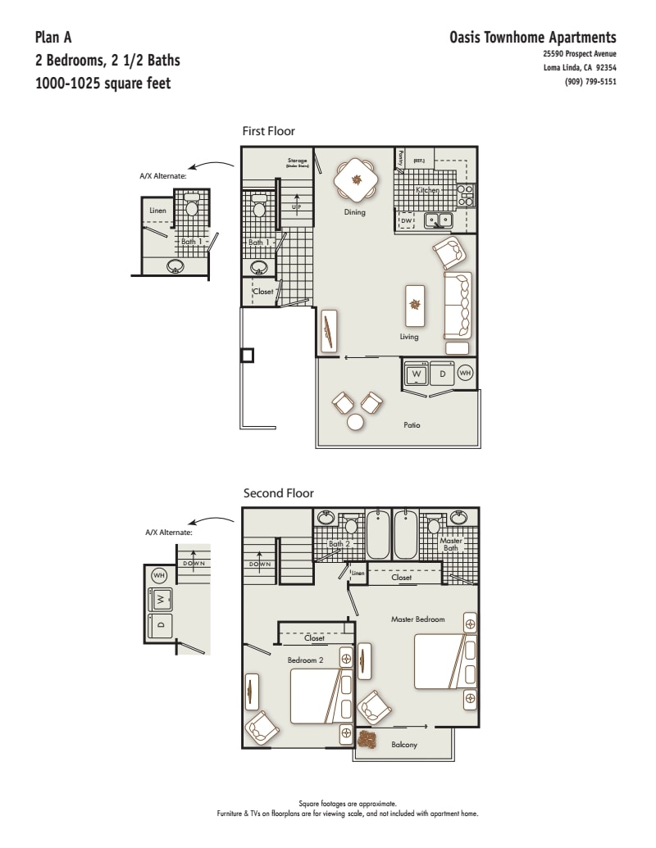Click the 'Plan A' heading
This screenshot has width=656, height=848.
(53, 38)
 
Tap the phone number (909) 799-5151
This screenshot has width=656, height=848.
(590, 81)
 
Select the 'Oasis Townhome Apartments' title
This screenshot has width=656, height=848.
(533, 38)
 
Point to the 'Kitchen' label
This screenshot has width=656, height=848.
(428, 190)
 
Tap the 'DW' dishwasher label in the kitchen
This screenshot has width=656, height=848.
(406, 221)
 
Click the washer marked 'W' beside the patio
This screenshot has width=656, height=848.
(417, 374)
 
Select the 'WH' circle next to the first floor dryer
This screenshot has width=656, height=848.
(465, 374)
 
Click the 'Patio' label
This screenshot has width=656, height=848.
(412, 424)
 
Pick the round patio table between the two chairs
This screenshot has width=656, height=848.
(356, 422)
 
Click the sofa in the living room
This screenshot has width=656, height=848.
(458, 305)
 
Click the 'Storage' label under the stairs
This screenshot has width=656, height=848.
(296, 161)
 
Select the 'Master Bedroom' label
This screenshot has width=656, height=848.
(418, 619)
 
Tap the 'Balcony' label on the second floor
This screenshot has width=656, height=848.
(404, 745)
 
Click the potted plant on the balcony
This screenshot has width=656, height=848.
(367, 740)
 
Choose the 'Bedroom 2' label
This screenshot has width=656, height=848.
(305, 660)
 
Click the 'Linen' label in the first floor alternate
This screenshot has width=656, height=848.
(157, 211)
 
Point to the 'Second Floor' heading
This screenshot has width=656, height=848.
(278, 493)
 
